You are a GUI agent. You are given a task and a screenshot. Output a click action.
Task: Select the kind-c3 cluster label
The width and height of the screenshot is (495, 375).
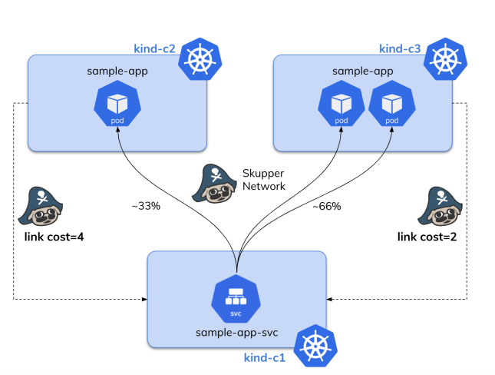point(400,49)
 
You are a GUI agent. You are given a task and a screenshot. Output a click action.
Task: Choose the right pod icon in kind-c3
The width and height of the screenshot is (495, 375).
point(391,108)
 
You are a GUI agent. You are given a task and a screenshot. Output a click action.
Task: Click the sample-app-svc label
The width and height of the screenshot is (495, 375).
point(236,332)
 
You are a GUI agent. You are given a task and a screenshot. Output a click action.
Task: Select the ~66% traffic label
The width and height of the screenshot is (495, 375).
point(326,206)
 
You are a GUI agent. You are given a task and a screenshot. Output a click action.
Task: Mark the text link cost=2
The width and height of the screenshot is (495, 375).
point(427,237)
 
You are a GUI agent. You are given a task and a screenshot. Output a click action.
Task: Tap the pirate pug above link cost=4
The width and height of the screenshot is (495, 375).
point(39,204)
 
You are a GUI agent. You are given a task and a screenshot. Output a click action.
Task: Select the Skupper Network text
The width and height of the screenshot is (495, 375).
point(263,180)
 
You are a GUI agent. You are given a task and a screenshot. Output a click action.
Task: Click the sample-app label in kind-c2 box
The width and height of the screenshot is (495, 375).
point(117,71)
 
